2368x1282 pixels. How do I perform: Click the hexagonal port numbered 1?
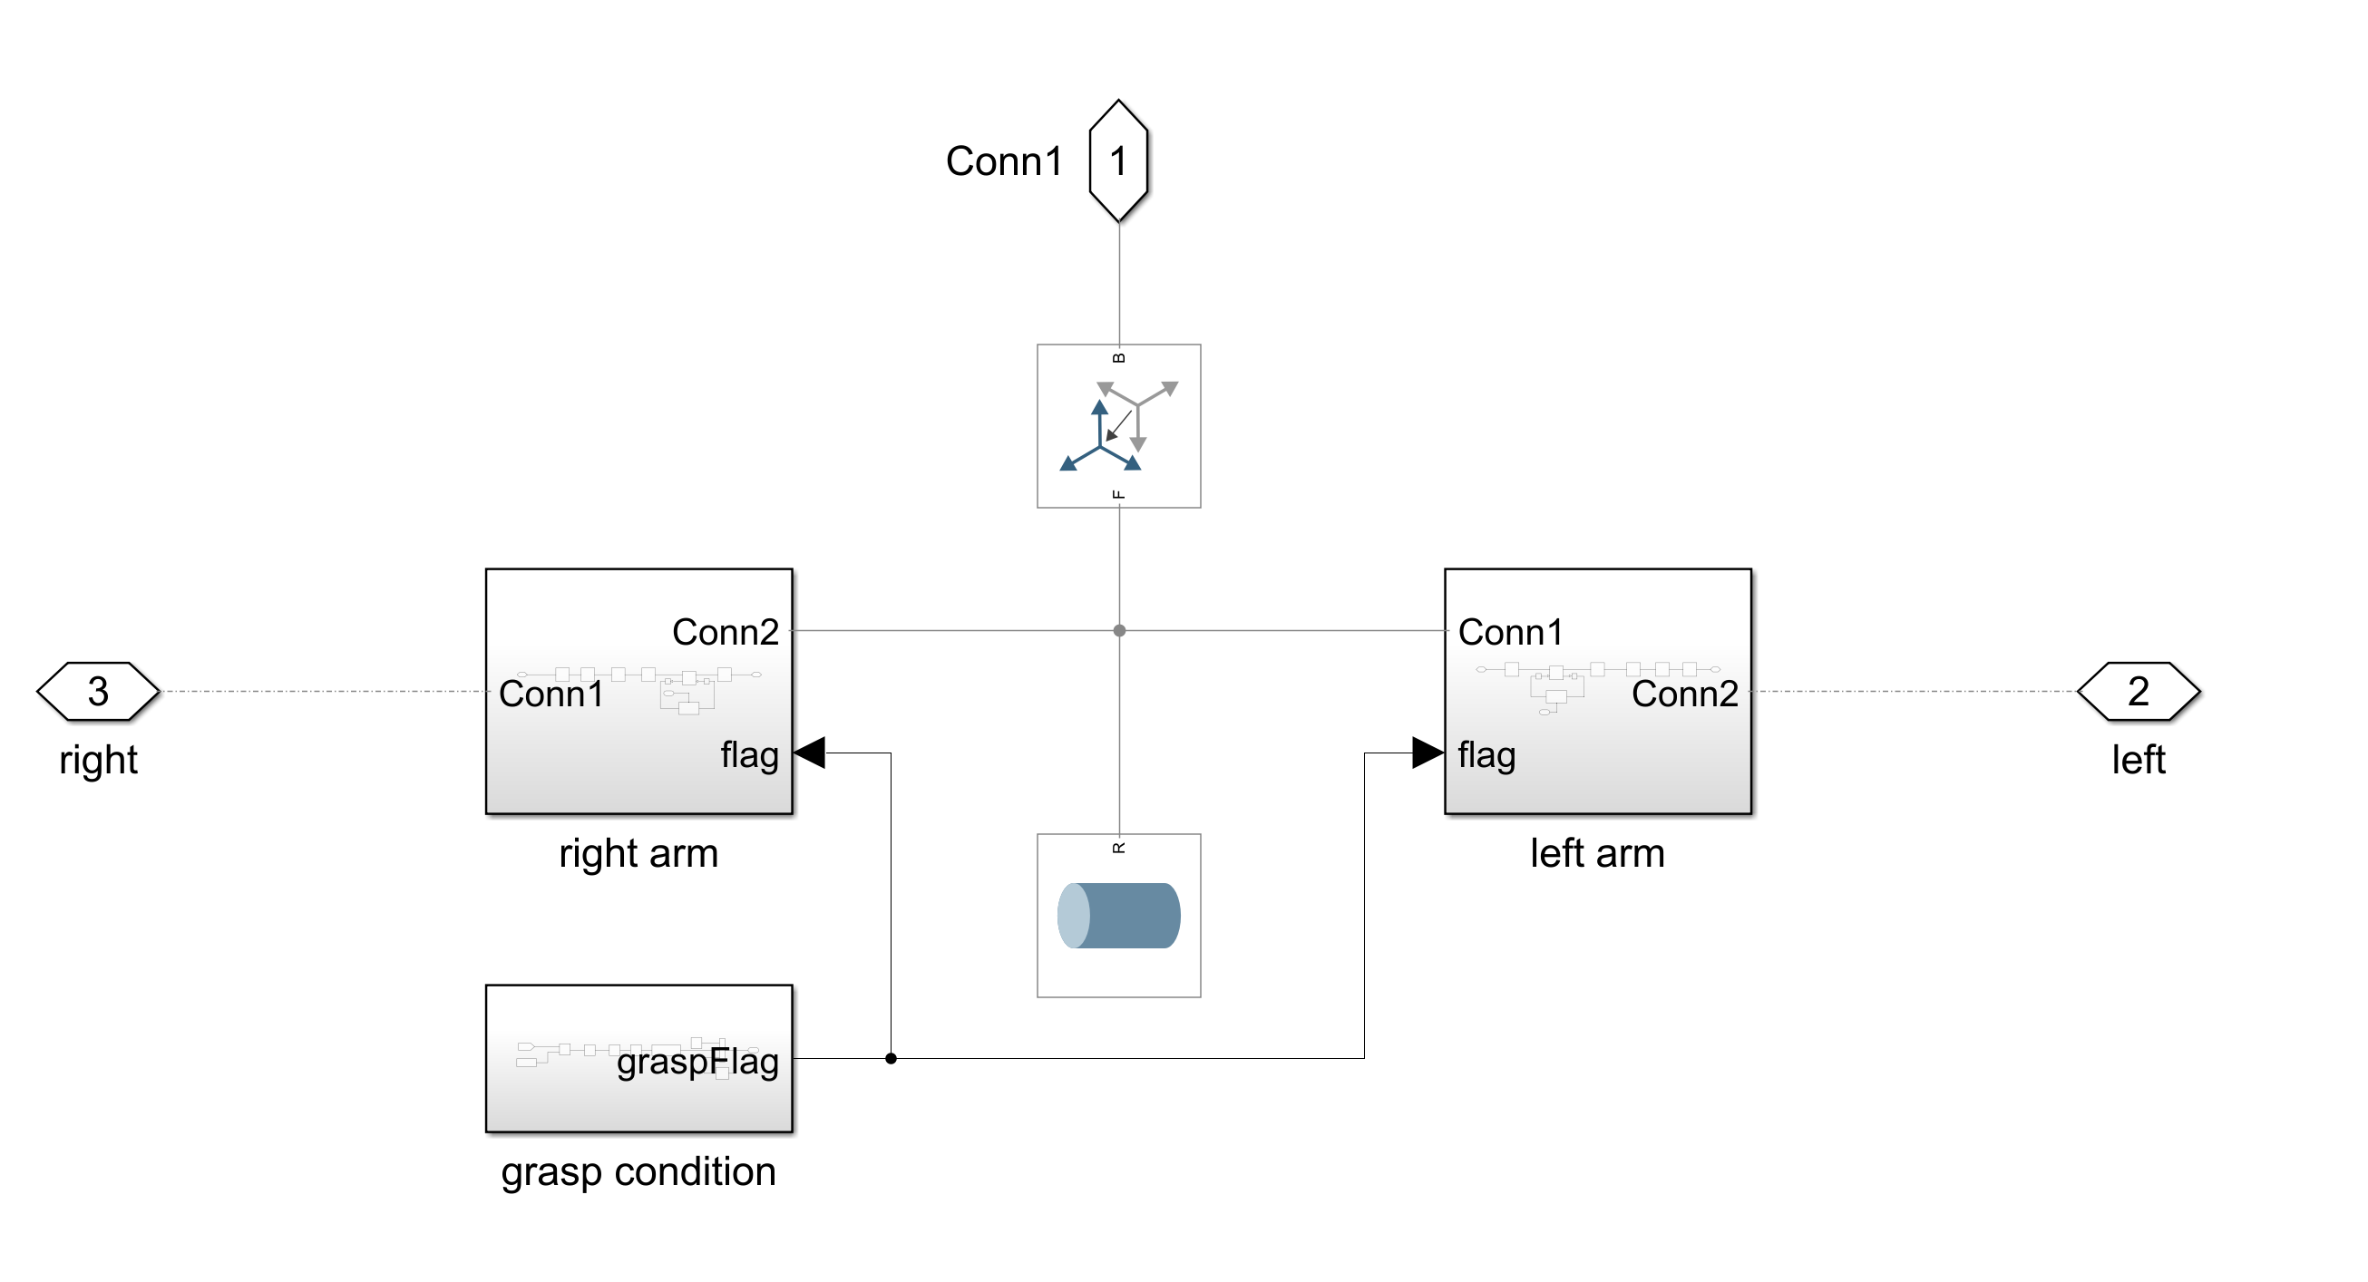tap(1118, 160)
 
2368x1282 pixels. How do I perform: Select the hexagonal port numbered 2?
tap(2138, 691)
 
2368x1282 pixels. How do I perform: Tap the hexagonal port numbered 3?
tap(98, 691)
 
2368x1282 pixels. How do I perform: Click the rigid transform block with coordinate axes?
tap(1118, 425)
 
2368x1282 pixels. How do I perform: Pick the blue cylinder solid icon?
tap(1118, 916)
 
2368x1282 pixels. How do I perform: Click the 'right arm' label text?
tap(638, 853)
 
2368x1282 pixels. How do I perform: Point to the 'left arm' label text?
tap(1597, 853)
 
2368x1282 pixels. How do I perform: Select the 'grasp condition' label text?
tap(638, 1171)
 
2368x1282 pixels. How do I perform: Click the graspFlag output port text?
tap(697, 1062)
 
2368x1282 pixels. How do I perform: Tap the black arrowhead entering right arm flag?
tap(810, 753)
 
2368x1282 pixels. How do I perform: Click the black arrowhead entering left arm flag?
tap(1427, 753)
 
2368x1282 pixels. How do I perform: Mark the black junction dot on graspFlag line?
tap(891, 1059)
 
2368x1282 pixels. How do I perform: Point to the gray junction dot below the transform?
tap(1119, 630)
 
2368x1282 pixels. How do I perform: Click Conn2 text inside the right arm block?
tap(725, 632)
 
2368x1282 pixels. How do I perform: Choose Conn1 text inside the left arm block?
tap(1510, 632)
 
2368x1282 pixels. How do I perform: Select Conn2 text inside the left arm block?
tap(1684, 694)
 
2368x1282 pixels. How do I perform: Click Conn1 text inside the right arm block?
tap(551, 694)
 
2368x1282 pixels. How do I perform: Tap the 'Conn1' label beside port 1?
tap(1004, 161)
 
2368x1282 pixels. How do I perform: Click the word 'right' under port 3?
tap(98, 760)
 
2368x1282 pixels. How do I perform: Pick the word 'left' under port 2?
tap(2138, 760)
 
